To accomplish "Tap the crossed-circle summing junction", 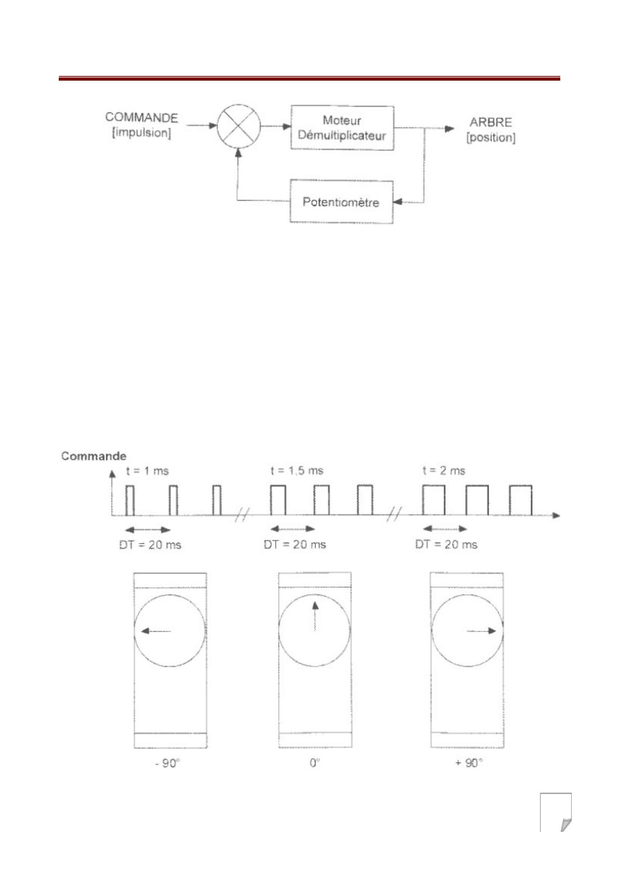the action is tap(239, 126).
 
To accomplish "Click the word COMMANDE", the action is tap(141, 118).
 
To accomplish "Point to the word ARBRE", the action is tap(491, 122).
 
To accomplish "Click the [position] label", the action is tap(491, 138).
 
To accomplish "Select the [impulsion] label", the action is tap(141, 133).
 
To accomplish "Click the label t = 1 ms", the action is tap(147, 470).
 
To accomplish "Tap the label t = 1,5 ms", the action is tap(297, 470).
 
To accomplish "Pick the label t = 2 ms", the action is tap(444, 470).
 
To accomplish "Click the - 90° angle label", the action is tap(167, 763).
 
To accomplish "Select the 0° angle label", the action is tap(315, 763).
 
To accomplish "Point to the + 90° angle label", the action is tap(469, 763).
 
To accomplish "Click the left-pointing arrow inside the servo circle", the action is tap(156, 631).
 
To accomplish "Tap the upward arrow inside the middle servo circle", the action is tap(315, 616).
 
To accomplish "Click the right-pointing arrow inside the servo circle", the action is tap(481, 631).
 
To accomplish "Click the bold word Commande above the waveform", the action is tap(94, 456).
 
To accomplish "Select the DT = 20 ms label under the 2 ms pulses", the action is tap(446, 544).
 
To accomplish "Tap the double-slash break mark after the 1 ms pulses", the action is tap(242, 515).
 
